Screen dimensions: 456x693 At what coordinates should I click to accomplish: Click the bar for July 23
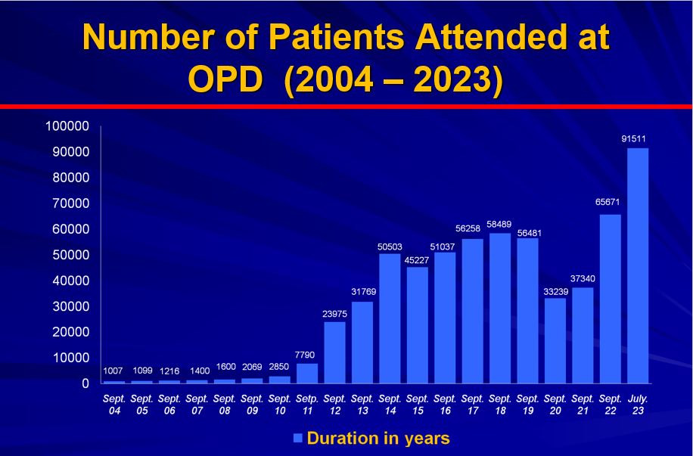point(638,265)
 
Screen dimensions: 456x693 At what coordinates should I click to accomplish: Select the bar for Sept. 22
point(610,299)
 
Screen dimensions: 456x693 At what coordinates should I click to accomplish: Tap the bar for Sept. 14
point(390,318)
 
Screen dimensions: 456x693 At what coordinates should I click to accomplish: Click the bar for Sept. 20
point(555,340)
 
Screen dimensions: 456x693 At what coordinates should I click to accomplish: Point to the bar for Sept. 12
point(334,352)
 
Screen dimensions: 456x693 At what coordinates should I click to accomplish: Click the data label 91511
point(638,138)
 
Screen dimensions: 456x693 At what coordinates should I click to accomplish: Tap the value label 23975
point(334,313)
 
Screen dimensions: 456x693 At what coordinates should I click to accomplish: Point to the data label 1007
point(114,371)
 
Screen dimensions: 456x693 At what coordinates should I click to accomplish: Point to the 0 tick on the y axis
point(87,383)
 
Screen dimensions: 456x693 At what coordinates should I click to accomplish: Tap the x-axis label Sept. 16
point(445,405)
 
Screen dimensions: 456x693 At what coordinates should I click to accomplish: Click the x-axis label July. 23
point(638,405)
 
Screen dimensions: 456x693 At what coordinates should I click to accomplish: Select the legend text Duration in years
point(378,438)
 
